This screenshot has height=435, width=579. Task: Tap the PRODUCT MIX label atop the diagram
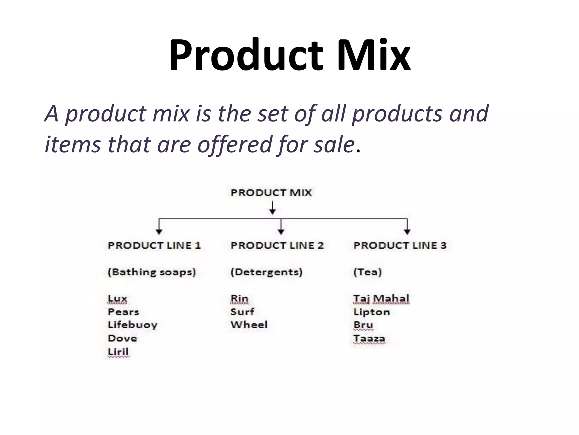[x=271, y=193]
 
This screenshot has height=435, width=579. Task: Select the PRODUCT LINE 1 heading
[x=154, y=246]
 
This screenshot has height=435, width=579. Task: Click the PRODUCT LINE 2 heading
[x=277, y=246]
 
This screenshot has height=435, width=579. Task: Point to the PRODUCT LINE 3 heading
[x=400, y=246]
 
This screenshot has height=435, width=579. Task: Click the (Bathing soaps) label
[x=152, y=272]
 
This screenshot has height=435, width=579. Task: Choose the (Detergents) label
[x=266, y=272]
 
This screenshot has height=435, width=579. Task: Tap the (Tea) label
[x=368, y=272]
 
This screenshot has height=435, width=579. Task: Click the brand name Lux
[x=118, y=298]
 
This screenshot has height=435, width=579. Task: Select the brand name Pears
[x=124, y=312]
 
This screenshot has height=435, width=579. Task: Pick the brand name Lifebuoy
[x=133, y=325]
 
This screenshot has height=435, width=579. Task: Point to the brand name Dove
[x=122, y=338]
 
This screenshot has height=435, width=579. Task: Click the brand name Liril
[x=118, y=352]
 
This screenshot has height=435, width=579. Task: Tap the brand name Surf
[x=242, y=312]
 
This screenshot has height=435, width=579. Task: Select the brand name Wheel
[x=249, y=325]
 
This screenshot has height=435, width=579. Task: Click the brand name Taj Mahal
[x=381, y=298]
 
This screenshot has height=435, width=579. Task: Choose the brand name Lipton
[x=372, y=312]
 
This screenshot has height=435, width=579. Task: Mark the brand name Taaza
[x=369, y=338]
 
